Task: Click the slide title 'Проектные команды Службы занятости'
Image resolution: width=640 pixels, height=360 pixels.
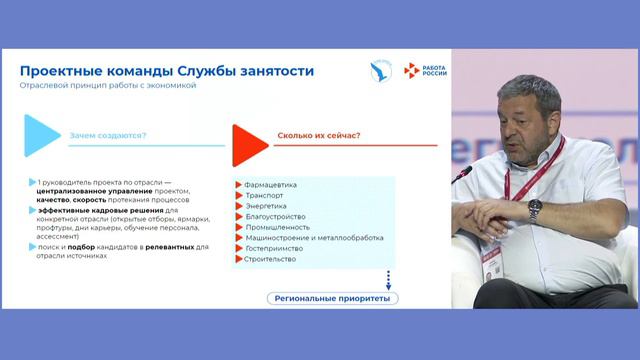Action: point(167,71)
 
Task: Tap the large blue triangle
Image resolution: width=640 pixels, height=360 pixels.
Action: point(41,135)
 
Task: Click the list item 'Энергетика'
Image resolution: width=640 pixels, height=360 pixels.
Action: point(266,206)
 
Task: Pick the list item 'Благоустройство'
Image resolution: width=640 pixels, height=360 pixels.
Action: point(275,216)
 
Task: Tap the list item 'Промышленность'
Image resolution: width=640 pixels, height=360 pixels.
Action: point(276,227)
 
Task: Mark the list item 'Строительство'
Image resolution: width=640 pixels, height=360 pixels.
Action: point(271,259)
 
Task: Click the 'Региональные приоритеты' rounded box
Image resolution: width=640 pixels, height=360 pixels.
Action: point(333,298)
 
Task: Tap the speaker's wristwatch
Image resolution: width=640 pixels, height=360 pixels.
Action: point(535,208)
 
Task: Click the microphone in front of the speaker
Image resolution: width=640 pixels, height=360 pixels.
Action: point(462,174)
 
